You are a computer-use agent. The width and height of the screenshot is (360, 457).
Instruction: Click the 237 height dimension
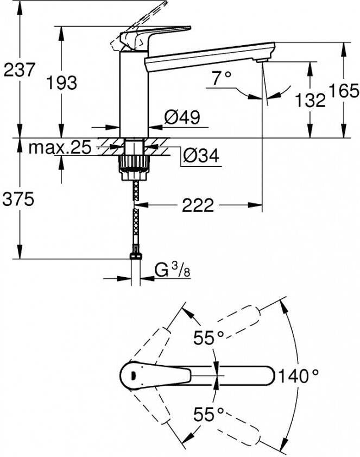19,70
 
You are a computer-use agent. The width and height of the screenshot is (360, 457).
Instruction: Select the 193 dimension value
62,83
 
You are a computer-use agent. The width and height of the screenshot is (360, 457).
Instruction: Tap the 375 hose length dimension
18,199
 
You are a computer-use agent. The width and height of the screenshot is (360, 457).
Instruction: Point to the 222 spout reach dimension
198,205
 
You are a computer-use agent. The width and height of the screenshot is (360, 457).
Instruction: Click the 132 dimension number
310,100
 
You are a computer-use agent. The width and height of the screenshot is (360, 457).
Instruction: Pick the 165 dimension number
344,91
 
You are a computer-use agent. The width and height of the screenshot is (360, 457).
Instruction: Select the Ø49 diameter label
182,117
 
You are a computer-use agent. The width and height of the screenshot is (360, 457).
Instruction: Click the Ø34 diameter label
201,155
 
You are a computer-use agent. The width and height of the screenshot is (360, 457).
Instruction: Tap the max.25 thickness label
60,147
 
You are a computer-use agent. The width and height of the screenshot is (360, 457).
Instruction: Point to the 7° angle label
222,78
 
